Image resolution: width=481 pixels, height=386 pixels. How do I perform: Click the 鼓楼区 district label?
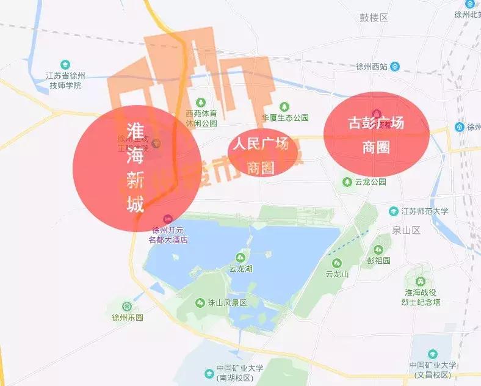coord(374,35)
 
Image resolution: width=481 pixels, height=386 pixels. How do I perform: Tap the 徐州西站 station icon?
coord(396,67)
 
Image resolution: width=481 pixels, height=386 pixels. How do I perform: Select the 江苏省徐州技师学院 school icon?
coord(65,65)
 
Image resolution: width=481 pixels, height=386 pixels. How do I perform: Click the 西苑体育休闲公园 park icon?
coord(201,103)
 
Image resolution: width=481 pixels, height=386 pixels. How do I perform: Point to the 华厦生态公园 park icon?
coord(282,107)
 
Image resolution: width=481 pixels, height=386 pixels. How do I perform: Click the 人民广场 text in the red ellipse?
coord(260,145)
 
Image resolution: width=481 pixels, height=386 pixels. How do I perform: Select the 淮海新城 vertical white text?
coord(135,167)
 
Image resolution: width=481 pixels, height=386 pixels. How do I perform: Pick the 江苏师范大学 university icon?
coord(394,211)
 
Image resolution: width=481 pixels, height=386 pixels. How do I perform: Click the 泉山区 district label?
coord(408,230)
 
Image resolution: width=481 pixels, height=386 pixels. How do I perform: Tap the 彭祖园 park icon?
coord(378,250)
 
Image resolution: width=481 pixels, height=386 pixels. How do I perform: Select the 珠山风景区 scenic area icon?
coord(200,303)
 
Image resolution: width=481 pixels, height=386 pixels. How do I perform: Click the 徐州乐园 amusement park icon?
coord(126,306)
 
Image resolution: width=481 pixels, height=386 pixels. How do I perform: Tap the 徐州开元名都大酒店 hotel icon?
coord(168,219)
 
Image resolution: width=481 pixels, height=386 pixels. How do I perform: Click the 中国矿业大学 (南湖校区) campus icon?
coord(209,372)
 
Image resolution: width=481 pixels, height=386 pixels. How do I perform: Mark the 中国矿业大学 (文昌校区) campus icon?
coord(432,354)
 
